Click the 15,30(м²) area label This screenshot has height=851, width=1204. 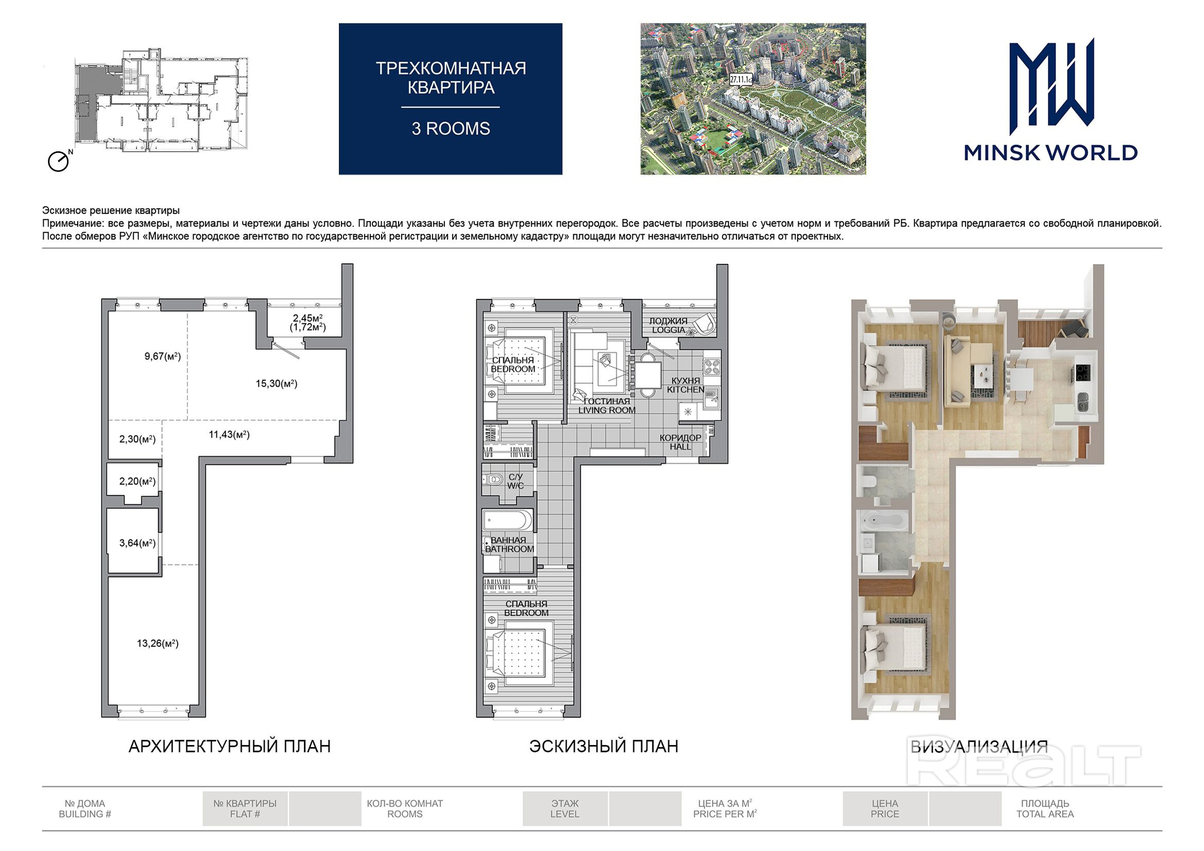277,384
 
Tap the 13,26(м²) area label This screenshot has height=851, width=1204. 158,644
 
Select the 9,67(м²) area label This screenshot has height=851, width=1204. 163,357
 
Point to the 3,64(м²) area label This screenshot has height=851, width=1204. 137,543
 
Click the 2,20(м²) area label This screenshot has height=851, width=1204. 137,481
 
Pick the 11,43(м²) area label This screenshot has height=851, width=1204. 229,435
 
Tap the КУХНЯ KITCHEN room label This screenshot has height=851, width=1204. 686,386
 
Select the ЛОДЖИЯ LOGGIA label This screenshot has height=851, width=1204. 668,325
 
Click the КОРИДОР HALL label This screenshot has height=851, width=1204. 680,443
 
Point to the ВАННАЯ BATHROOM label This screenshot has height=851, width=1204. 509,545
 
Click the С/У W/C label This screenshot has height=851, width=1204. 515,481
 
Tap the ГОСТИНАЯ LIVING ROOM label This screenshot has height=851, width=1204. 607,406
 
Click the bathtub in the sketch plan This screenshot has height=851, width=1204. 507,521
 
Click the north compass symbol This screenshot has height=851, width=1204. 59,161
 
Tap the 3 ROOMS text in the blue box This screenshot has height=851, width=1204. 451,129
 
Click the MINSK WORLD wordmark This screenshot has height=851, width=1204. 1051,152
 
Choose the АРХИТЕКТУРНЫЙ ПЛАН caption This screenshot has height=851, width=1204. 230,746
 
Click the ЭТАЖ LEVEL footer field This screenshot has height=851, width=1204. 565,809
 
